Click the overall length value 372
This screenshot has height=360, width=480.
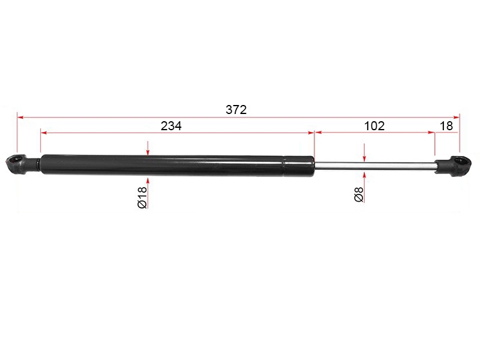[x=236, y=110]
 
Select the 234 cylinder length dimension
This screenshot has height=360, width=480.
[x=171, y=126]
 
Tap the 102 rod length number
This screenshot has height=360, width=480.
[x=374, y=126]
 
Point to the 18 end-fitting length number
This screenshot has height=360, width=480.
[x=446, y=126]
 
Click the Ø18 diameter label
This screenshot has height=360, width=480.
[x=142, y=197]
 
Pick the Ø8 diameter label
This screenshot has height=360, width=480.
[x=359, y=194]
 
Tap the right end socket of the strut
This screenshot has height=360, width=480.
[x=454, y=166]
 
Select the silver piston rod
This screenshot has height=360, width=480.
[x=375, y=166]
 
